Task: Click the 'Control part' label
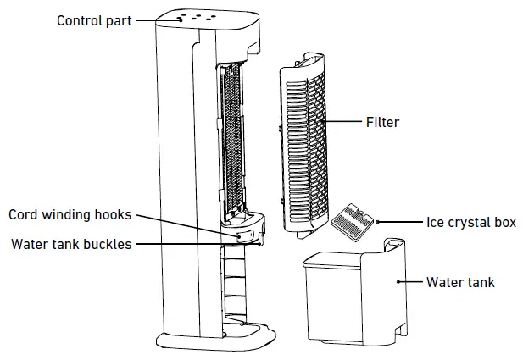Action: point(94,20)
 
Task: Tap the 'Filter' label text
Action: point(382,123)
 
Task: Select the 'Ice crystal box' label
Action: point(470,223)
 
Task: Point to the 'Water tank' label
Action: point(460,282)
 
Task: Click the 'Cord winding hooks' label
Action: point(70,215)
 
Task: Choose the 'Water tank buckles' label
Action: point(71,245)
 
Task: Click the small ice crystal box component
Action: point(348,219)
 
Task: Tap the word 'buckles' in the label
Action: point(108,245)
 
